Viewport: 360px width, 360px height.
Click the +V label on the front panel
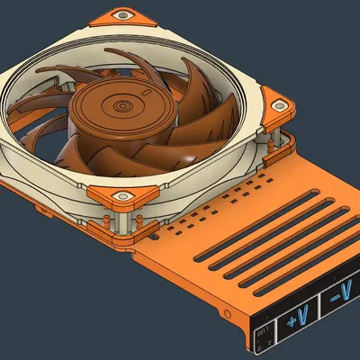(298, 318)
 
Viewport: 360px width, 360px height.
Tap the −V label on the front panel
(341, 292)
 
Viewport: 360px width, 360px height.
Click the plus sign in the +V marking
(292, 320)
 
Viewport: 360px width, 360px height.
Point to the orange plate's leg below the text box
(254, 346)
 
